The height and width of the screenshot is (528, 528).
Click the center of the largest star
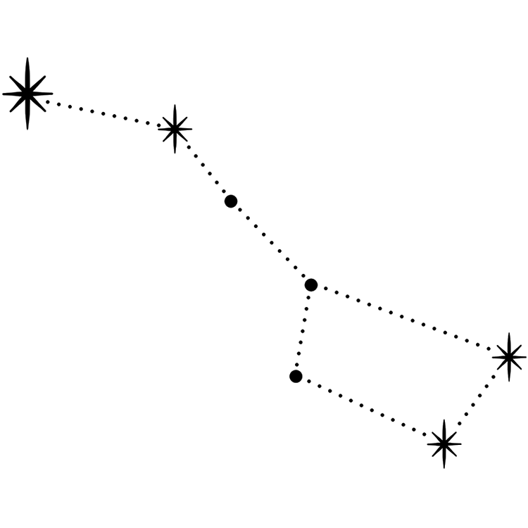(x=27, y=93)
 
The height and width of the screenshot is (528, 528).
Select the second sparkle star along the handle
(x=175, y=129)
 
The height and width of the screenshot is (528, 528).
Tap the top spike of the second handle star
(x=175, y=110)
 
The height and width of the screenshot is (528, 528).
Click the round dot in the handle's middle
(x=231, y=201)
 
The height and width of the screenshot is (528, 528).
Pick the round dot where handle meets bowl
(x=311, y=285)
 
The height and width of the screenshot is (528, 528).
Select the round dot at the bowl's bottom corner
(x=296, y=377)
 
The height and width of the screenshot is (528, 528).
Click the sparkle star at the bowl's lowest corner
(x=444, y=444)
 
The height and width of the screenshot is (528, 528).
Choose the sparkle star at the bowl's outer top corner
(x=508, y=357)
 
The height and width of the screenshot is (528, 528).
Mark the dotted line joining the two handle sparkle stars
(x=102, y=112)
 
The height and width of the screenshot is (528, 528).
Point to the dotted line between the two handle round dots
(x=271, y=244)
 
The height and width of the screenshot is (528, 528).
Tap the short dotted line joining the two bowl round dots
(x=303, y=331)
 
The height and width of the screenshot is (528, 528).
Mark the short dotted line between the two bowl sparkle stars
(x=477, y=400)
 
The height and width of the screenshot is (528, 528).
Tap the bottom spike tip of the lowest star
(x=444, y=465)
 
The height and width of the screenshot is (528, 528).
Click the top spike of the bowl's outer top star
(x=508, y=337)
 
